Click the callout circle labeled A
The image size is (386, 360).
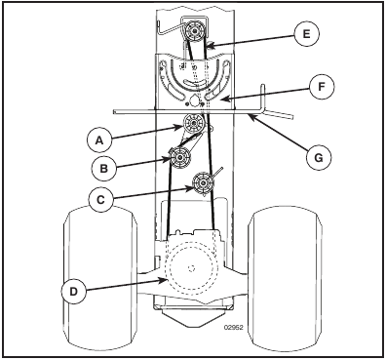(99, 140)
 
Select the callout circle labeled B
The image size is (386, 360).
(104, 168)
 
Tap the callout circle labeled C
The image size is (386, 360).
(101, 199)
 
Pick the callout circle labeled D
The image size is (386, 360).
(74, 292)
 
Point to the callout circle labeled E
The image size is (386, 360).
(306, 34)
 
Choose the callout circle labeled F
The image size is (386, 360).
(322, 87)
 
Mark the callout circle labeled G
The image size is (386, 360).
(319, 158)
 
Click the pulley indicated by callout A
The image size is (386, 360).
(194, 123)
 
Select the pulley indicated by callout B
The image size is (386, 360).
(179, 158)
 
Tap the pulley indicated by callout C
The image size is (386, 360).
(203, 183)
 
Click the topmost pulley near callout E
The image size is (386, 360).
(194, 31)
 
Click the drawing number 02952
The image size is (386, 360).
(233, 328)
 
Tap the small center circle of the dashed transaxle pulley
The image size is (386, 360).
(191, 268)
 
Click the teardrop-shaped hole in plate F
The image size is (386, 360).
(194, 100)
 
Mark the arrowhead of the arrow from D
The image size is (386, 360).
(165, 279)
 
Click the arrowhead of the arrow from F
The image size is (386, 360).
(221, 98)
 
